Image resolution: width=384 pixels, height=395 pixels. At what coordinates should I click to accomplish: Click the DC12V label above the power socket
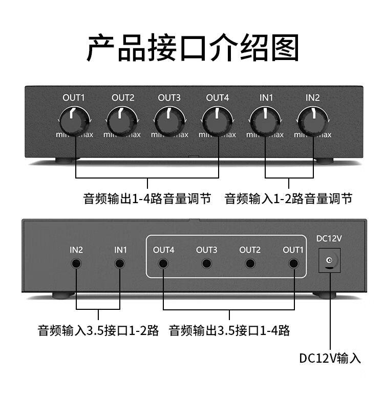[x=329, y=238]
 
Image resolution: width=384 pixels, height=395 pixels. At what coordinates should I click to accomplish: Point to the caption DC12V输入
[x=330, y=358]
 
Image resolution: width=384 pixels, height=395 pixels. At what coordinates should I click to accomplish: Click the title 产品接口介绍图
[x=193, y=48]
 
